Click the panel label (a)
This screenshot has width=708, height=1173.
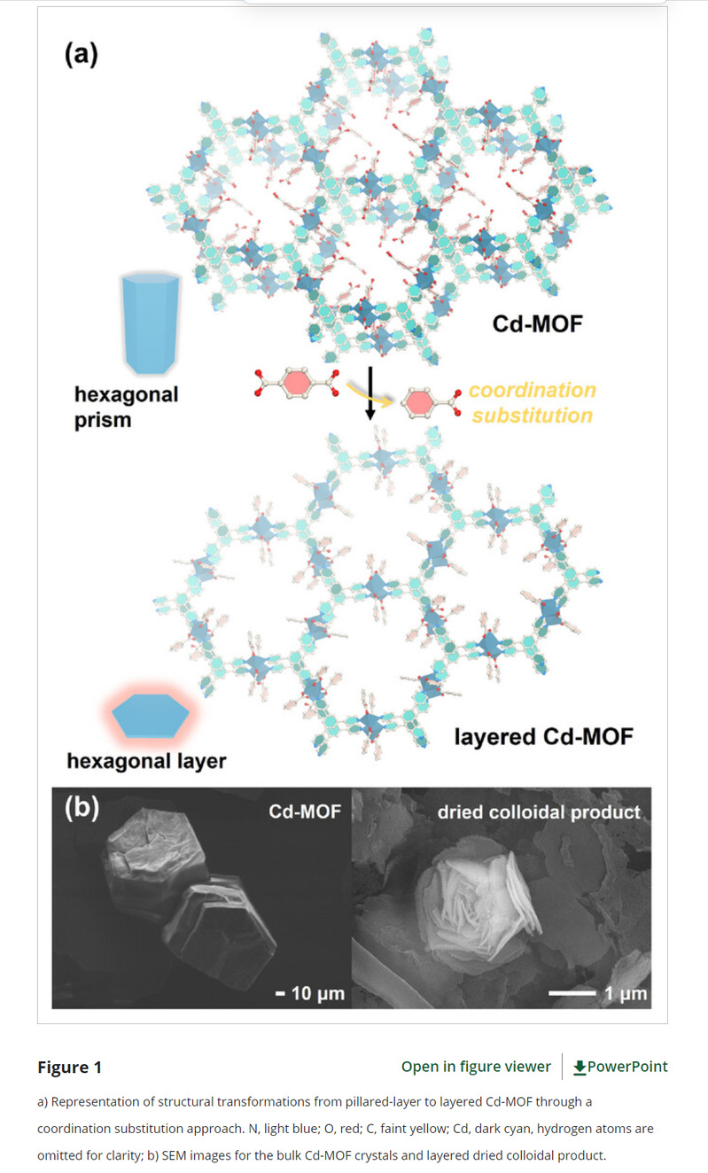[82, 54]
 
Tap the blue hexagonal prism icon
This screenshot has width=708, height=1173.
[152, 323]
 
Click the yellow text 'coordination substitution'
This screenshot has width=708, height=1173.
[532, 402]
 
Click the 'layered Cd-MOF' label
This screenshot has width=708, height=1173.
[543, 735]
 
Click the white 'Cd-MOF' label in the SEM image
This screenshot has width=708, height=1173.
[305, 811]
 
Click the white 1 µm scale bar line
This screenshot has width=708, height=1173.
[572, 993]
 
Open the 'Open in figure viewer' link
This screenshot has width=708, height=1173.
[476, 1067]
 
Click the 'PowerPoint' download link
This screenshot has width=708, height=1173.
[620, 1067]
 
